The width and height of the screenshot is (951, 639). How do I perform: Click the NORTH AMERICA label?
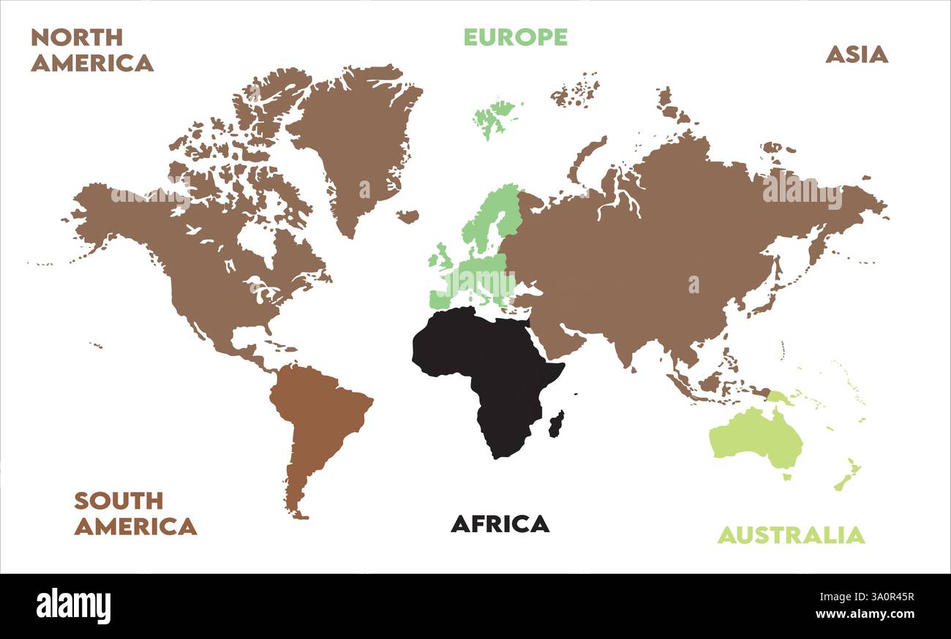91,50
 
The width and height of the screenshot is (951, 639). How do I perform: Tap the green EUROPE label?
516,37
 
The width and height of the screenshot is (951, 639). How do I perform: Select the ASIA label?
857,54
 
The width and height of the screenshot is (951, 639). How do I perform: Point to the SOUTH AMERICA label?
135,513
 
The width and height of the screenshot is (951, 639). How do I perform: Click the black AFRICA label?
500,523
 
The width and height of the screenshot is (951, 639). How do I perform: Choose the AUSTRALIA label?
790,535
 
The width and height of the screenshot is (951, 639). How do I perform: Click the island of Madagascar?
557,424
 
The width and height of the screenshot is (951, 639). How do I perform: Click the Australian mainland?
753,435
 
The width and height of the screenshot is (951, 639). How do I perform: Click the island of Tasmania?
787,477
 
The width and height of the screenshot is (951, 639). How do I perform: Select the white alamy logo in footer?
73,606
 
